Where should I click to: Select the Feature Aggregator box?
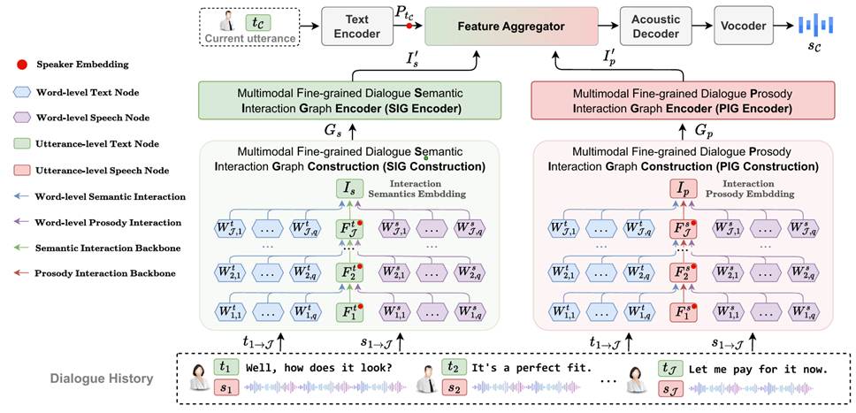(510, 27)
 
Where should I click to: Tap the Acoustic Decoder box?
(655, 26)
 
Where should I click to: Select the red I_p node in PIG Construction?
(682, 188)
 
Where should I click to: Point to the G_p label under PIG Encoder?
(703, 131)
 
